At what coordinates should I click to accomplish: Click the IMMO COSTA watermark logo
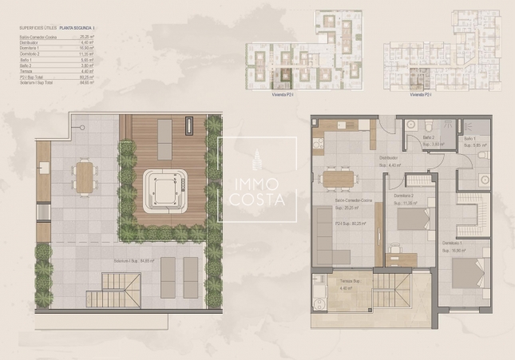click(x=257, y=180)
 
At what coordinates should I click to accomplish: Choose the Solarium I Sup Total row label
click(x=36, y=81)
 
